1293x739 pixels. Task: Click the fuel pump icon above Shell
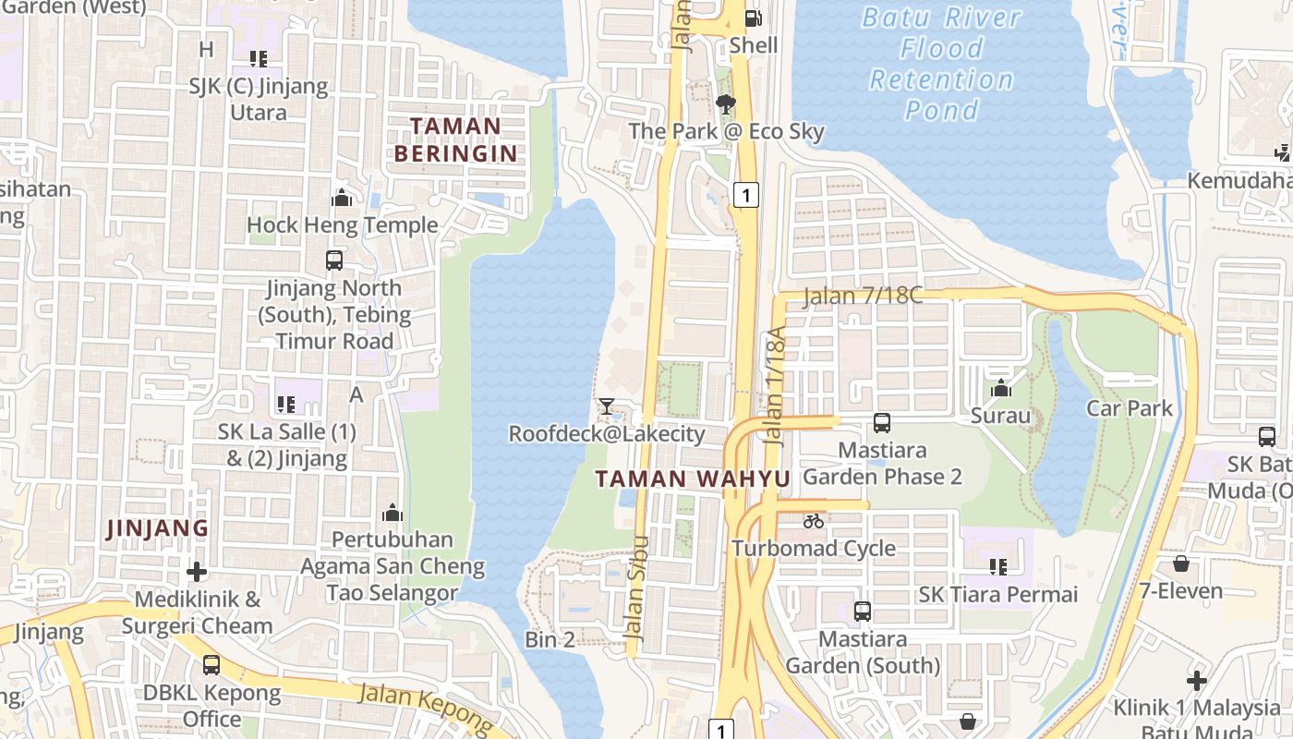[753, 18]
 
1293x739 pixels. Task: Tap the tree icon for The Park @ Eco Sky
[726, 103]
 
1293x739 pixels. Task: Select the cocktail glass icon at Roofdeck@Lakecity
[606, 406]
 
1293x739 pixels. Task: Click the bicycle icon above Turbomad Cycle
[813, 521]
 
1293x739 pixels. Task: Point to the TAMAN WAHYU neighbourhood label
[693, 479]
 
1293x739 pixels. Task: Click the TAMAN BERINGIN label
[455, 139]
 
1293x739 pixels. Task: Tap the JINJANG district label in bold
[157, 528]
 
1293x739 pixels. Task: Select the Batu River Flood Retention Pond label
[941, 64]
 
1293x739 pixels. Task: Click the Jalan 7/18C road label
[863, 296]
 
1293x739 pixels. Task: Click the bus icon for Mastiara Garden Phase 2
[881, 423]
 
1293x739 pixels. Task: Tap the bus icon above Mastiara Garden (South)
[862, 611]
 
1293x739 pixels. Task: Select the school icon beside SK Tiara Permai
[997, 566]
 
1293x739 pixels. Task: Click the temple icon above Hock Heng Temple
[342, 198]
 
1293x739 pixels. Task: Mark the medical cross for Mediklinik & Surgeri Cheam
[196, 571]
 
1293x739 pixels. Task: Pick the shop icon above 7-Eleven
[1180, 563]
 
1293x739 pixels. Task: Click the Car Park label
[1129, 408]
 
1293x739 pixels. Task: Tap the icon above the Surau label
[1000, 389]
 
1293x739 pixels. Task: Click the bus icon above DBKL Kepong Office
[211, 664]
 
